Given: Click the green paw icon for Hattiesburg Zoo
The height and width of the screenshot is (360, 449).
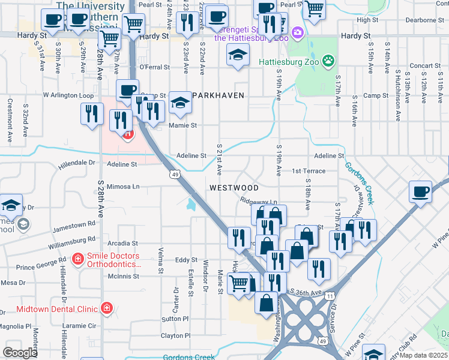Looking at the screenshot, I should tap(328, 61).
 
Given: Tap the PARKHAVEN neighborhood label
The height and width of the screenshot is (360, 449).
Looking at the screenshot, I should tap(218, 96).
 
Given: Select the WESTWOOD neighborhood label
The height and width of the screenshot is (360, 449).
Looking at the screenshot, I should tap(234, 188).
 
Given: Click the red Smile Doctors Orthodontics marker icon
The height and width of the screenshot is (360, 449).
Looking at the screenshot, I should tap(77, 259).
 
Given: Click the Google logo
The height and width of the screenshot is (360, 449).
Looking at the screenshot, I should tap(20, 353).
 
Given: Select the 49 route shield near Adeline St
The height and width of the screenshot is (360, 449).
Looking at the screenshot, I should tap(174, 174).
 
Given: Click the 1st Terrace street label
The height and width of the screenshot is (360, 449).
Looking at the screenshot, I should tap(308, 171).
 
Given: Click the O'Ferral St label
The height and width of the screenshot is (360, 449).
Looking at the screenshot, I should tap(155, 67).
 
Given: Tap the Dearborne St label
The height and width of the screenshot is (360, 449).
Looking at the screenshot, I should tap(424, 20).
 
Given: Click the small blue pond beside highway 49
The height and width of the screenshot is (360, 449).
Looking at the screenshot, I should tap(191, 204).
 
